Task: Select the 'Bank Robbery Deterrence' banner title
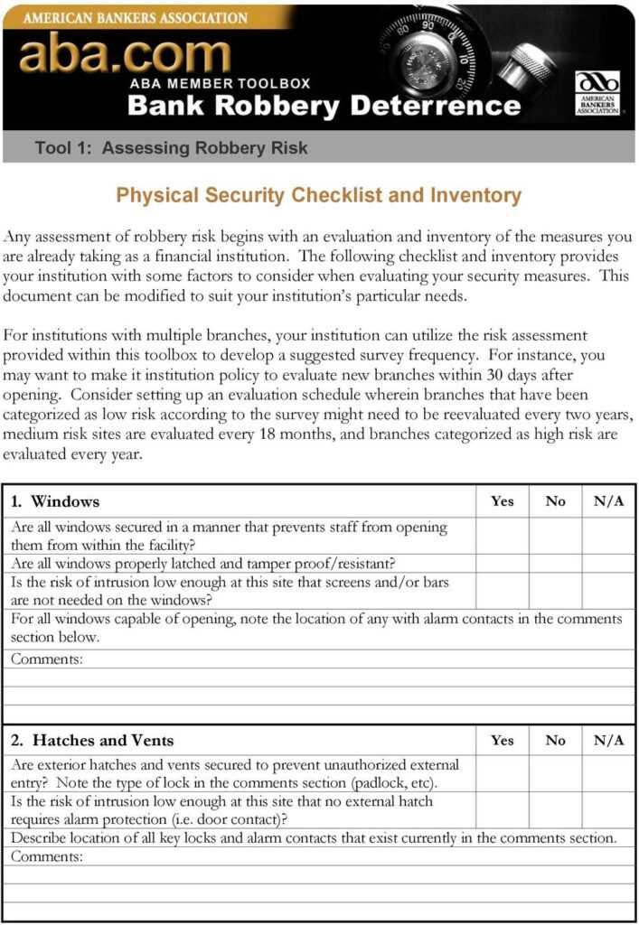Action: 324,106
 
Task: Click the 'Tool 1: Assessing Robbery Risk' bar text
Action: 171,148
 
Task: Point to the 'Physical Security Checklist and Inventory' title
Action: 319,195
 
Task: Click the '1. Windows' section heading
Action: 55,501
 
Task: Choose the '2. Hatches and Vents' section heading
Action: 92,740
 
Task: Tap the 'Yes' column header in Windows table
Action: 502,501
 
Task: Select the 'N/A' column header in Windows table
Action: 608,501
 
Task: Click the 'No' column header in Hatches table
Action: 555,740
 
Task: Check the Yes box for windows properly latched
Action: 502,564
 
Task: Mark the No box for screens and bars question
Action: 555,591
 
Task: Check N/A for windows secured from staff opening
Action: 608,536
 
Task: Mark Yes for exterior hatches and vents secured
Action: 502,774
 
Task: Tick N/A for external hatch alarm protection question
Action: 608,810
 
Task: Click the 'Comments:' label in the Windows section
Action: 47,659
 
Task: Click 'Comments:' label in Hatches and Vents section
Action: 47,856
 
